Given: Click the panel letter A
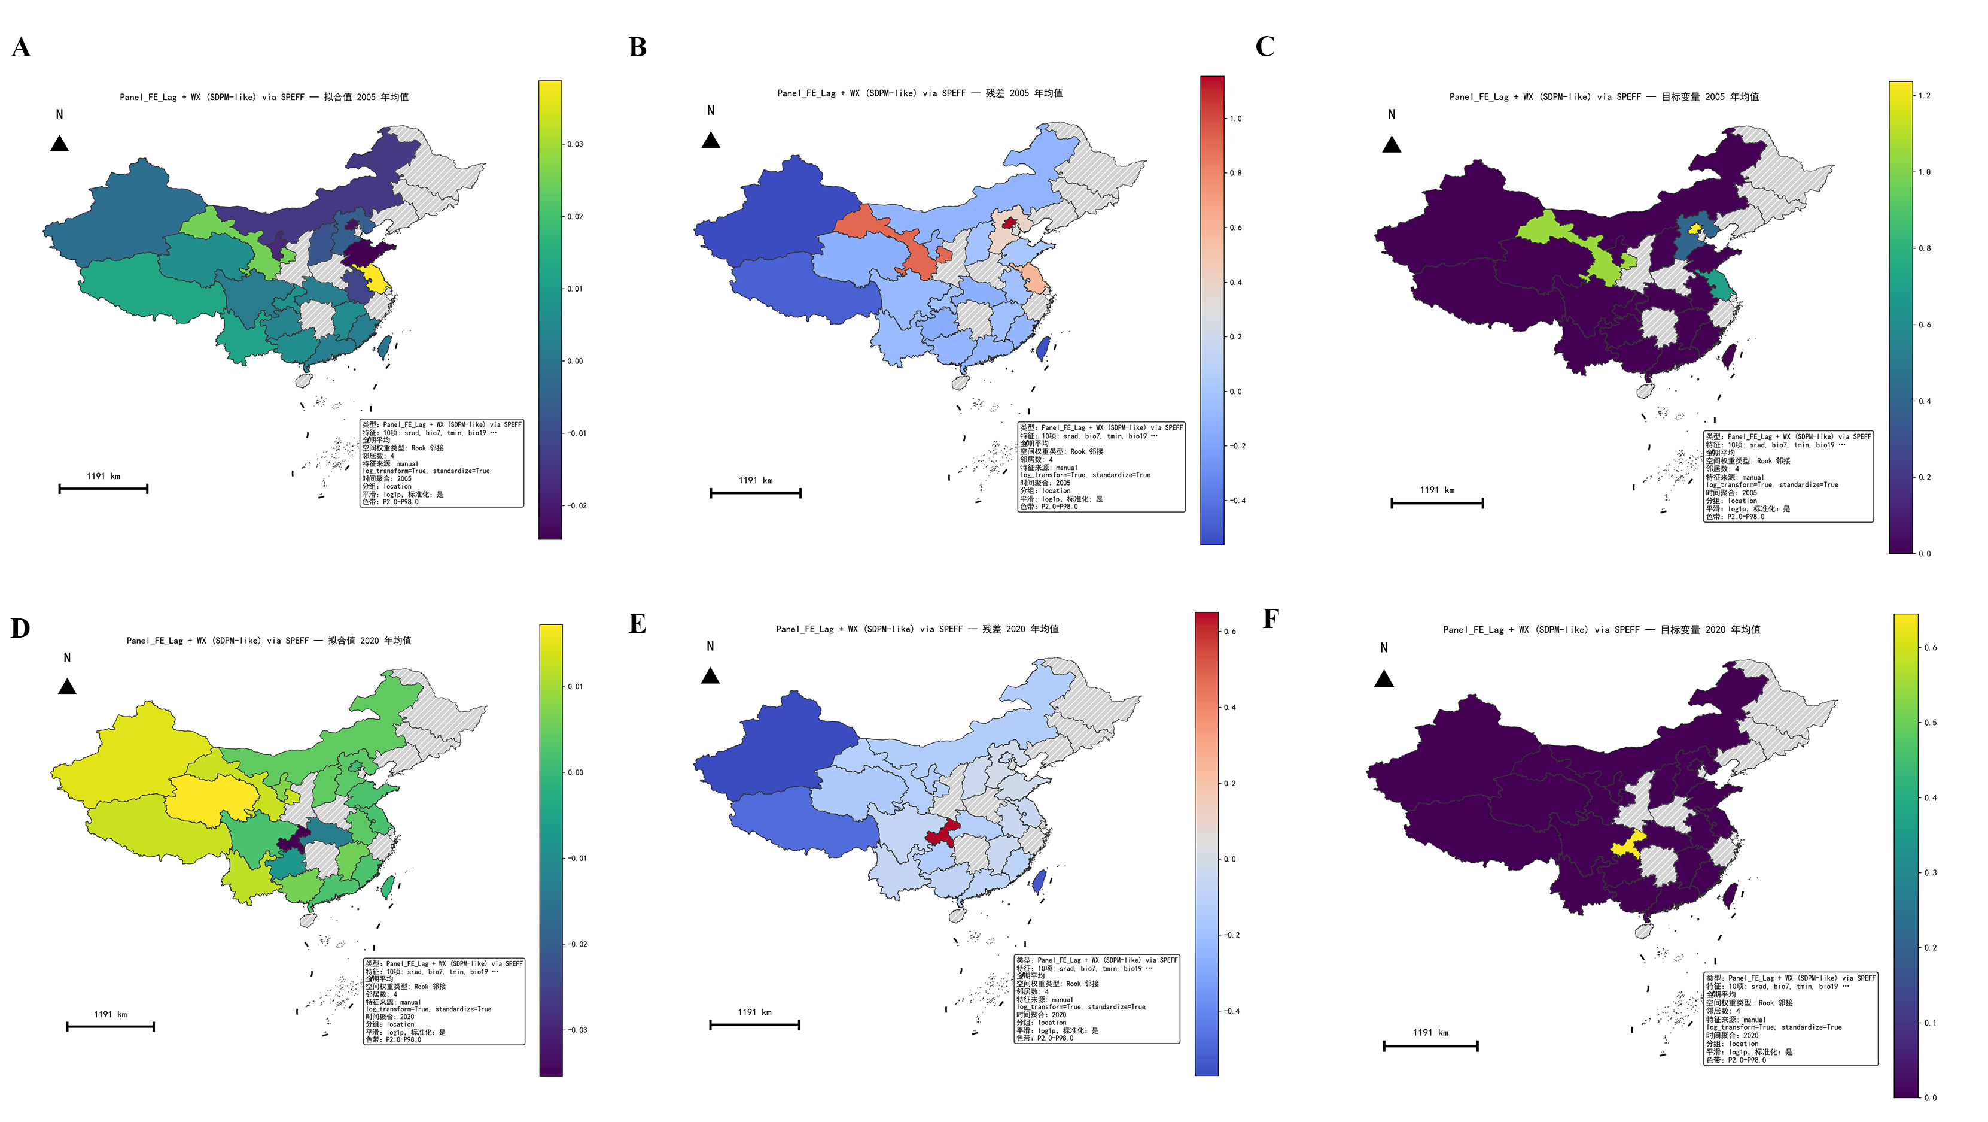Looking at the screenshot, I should [x=21, y=47].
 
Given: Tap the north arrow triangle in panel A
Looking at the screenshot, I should [x=59, y=144].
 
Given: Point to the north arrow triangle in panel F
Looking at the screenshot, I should [x=1384, y=679].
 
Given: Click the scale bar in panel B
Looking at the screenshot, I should [x=755, y=493].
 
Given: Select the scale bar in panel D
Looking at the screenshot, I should [x=110, y=1026].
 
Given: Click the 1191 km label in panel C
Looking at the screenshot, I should [x=1436, y=490].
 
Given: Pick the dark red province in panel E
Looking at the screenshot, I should [x=942, y=832].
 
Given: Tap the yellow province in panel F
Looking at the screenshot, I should [x=1628, y=843].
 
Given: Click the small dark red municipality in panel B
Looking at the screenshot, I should [x=1009, y=222].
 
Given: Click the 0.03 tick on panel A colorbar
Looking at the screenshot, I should [x=575, y=144].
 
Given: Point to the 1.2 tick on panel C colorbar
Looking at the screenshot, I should [x=1924, y=96].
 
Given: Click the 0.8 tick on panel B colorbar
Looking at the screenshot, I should [x=1235, y=173].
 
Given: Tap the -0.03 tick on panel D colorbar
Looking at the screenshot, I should [x=577, y=1030].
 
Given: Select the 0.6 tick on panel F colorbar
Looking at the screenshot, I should [x=1929, y=648].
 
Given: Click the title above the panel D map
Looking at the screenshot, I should [x=269, y=640].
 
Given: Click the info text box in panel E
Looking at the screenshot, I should [x=1097, y=999].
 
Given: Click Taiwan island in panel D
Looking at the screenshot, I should [x=388, y=887].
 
